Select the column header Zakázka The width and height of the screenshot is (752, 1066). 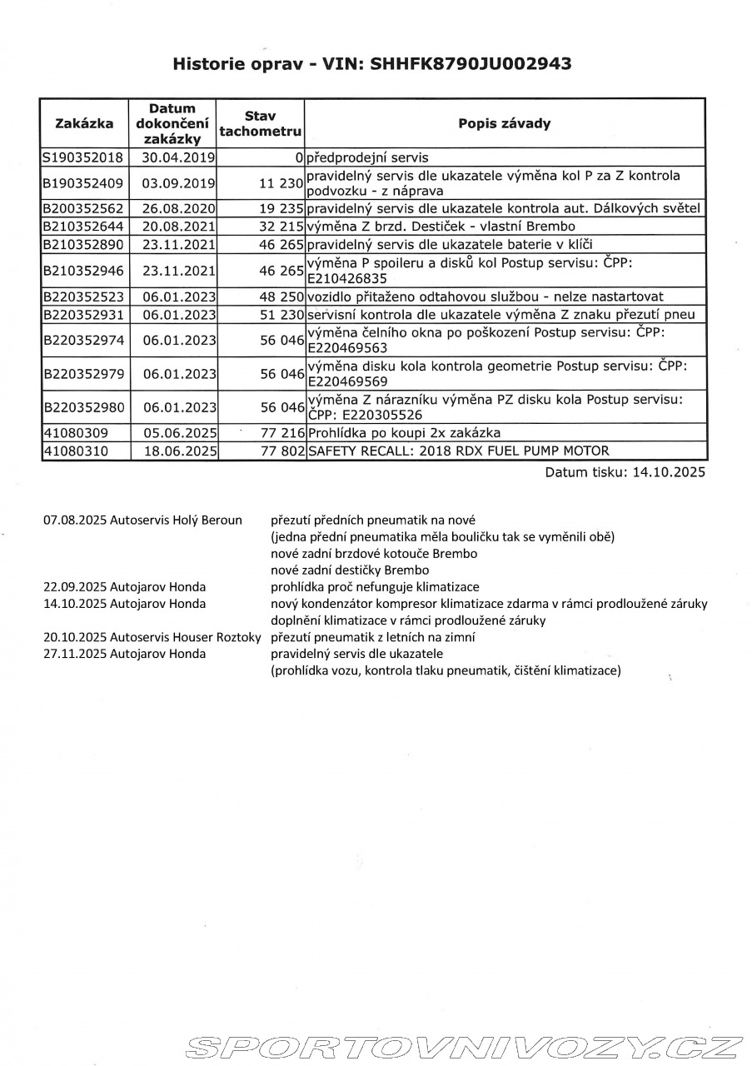click(x=84, y=123)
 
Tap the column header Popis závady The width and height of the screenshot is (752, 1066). click(x=504, y=123)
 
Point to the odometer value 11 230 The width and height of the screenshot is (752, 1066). click(x=280, y=182)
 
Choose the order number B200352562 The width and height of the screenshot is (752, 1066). click(x=83, y=208)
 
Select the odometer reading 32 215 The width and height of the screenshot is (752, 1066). click(x=280, y=226)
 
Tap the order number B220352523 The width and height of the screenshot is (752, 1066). click(x=83, y=296)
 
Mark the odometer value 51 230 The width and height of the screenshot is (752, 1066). click(x=280, y=314)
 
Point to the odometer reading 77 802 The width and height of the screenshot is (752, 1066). click(x=280, y=451)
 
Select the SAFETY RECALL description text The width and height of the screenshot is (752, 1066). click(x=458, y=451)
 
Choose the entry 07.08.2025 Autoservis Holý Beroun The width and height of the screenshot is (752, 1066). click(x=142, y=520)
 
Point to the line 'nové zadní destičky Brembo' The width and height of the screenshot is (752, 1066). click(x=350, y=570)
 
